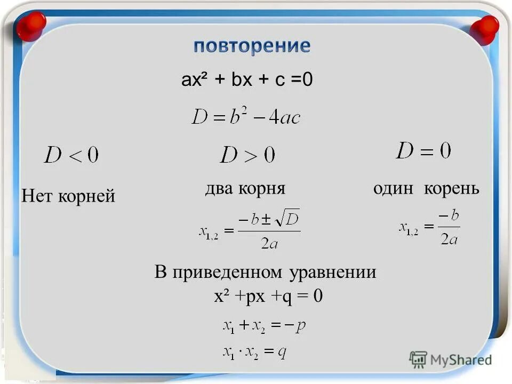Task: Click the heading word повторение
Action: click(x=251, y=46)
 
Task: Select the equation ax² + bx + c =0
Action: click(x=247, y=80)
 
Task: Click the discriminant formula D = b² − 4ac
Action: click(x=246, y=116)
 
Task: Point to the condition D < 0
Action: click(x=71, y=155)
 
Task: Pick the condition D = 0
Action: click(x=423, y=151)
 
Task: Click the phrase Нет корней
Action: click(x=68, y=196)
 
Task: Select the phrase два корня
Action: click(x=245, y=188)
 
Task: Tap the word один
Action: click(x=395, y=188)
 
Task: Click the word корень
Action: click(x=452, y=189)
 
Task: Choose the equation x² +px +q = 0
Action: click(x=268, y=296)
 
